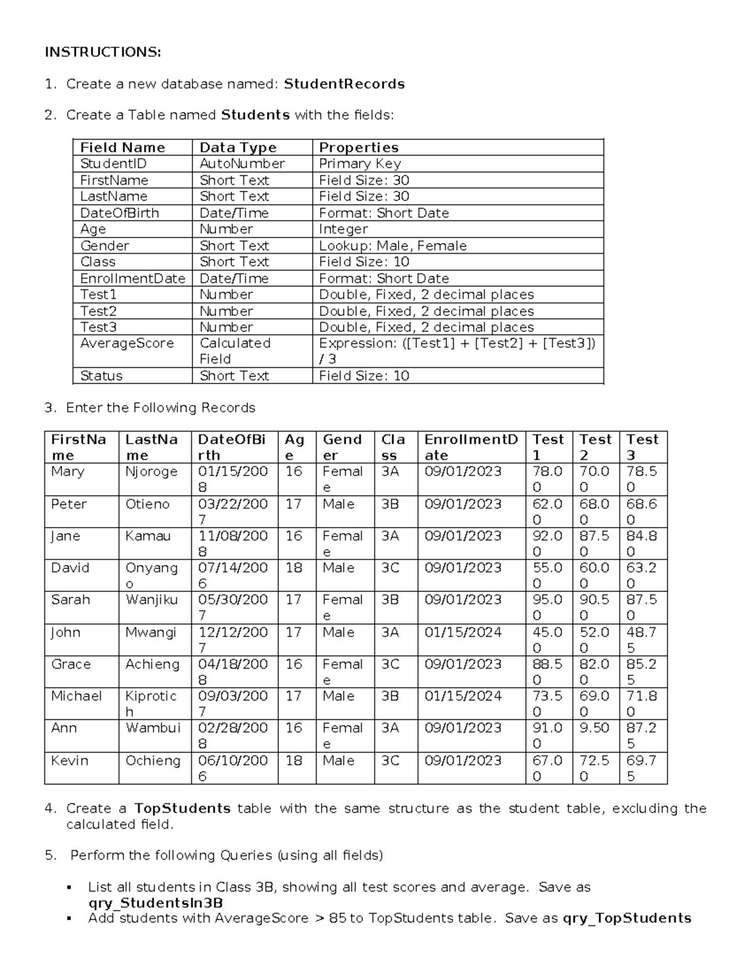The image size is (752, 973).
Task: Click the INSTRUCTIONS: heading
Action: click(x=103, y=52)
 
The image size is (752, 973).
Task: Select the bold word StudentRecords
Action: click(x=344, y=84)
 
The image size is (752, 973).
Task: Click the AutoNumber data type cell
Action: click(x=242, y=164)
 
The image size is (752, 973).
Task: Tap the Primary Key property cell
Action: click(x=360, y=164)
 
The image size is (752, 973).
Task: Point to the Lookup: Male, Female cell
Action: click(x=392, y=246)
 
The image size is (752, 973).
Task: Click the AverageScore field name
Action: click(x=127, y=343)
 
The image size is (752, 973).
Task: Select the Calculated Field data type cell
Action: click(x=234, y=351)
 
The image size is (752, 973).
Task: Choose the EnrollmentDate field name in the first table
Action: click(x=132, y=278)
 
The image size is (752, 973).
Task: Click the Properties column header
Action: click(x=358, y=147)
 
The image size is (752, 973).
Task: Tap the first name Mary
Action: click(x=68, y=472)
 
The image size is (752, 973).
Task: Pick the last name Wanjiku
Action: click(x=151, y=600)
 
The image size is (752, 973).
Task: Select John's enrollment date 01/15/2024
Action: click(x=462, y=632)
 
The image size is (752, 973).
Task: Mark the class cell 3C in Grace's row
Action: click(x=390, y=664)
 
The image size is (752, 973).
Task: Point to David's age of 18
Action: click(x=293, y=568)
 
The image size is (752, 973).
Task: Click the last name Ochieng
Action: click(x=152, y=761)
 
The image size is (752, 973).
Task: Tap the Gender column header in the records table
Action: click(x=342, y=447)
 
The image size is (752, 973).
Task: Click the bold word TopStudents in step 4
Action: click(x=182, y=808)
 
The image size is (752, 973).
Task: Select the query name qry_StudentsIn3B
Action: click(x=155, y=903)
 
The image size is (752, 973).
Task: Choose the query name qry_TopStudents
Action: click(x=627, y=918)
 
